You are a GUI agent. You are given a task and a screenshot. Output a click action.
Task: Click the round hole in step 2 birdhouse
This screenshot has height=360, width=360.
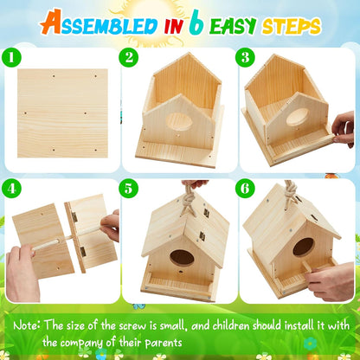[179, 122]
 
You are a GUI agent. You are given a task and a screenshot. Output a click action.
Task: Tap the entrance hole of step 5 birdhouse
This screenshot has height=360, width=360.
[182, 257]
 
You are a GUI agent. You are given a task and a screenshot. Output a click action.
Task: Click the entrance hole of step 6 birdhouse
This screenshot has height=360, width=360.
[303, 247]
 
